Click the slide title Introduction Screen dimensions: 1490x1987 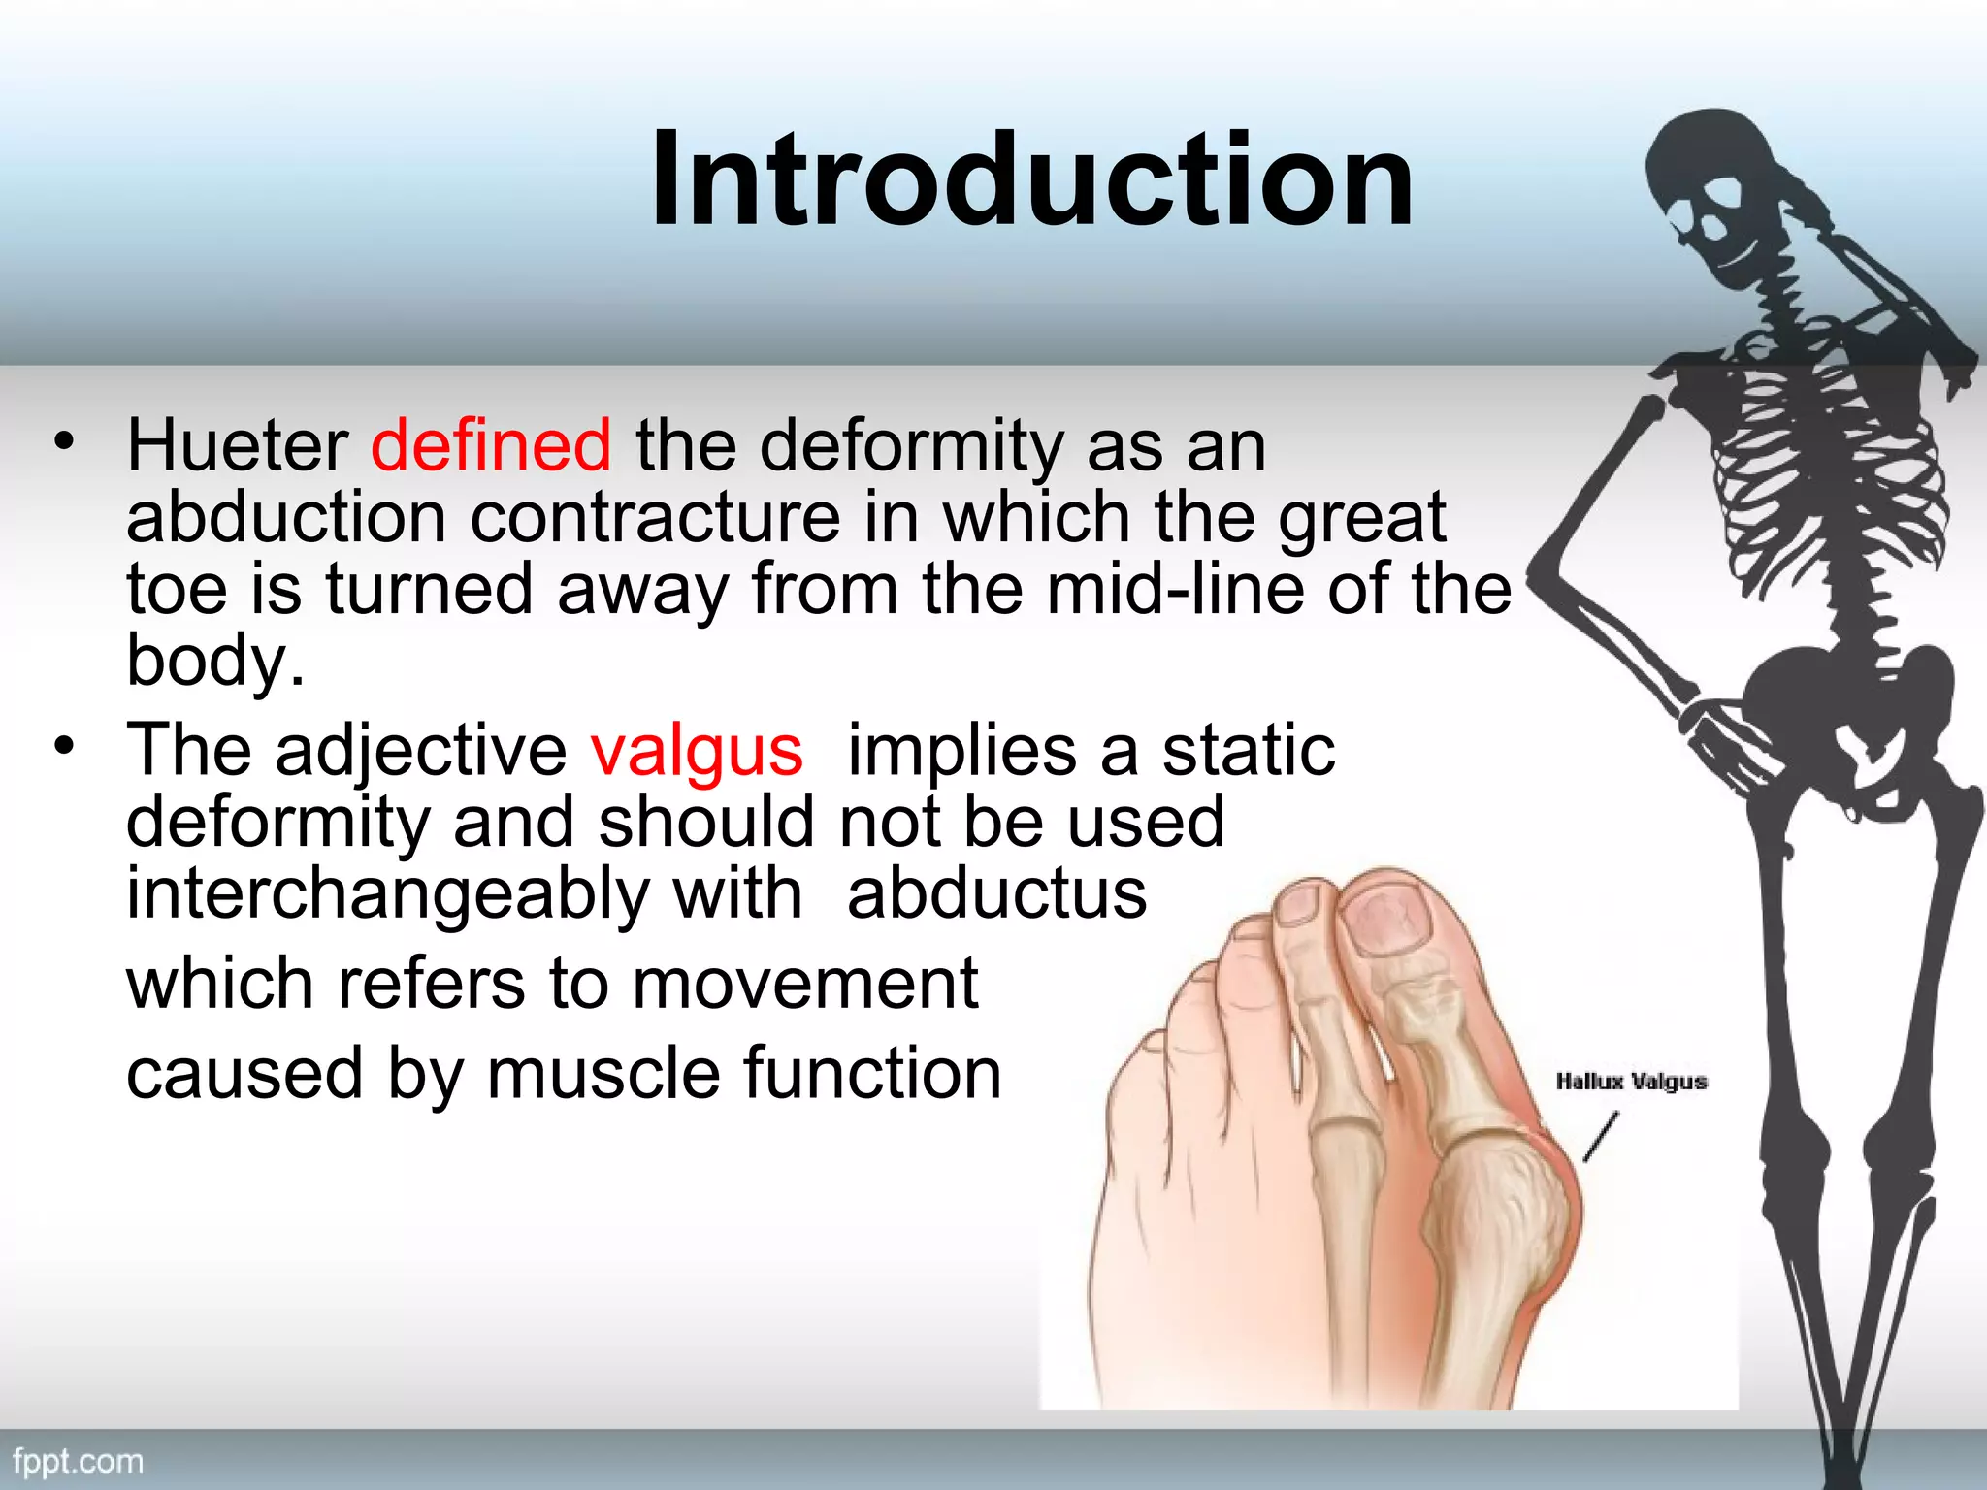1032,180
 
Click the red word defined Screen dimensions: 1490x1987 491,446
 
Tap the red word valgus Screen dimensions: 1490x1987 697,751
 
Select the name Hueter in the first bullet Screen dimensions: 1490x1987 238,446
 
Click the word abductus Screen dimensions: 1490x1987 996,893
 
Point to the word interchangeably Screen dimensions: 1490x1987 387,895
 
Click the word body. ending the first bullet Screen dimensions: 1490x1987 215,662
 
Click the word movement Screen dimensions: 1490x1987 805,984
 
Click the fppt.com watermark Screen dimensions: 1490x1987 79,1462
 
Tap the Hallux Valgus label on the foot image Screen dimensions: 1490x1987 1631,1082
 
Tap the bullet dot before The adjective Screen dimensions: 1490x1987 64,746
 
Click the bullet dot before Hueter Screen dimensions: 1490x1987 64,442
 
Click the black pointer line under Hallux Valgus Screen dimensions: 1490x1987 1601,1137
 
